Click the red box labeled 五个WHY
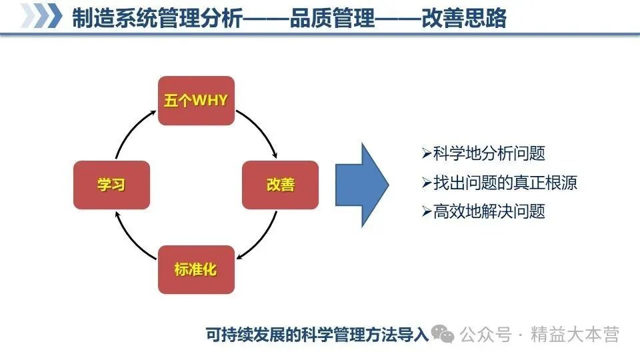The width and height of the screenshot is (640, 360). click(x=196, y=101)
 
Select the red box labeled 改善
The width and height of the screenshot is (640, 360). click(x=280, y=185)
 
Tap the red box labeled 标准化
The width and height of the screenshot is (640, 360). click(x=196, y=269)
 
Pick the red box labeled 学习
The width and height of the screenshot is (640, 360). click(x=111, y=185)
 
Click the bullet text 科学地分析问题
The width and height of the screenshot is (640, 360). click(x=489, y=154)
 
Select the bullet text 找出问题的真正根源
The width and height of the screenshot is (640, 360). click(x=505, y=183)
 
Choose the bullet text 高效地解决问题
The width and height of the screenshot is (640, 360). click(x=489, y=212)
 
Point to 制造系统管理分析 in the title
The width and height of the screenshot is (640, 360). click(x=157, y=18)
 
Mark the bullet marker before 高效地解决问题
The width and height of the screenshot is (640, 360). click(x=427, y=212)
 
